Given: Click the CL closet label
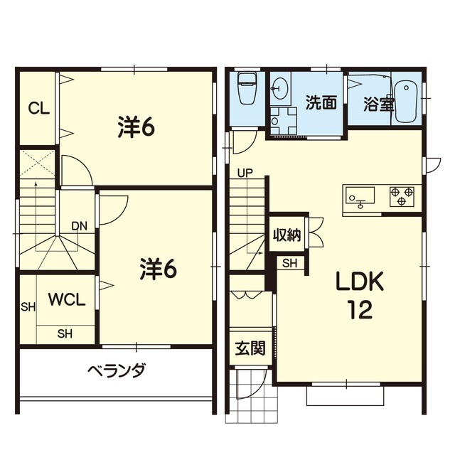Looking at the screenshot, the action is (39, 109).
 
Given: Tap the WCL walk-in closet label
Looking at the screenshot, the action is (67, 299).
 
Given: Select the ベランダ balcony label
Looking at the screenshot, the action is (116, 370).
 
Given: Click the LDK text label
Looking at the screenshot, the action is (360, 282).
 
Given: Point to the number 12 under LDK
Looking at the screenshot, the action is (360, 309).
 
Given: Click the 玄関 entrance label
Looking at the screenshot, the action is (250, 348).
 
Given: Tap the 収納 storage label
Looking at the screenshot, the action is (287, 235).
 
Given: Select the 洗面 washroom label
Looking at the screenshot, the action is (321, 102).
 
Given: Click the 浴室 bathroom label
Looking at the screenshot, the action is (379, 104).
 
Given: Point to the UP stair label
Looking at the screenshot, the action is (245, 173).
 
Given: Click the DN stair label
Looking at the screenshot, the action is (79, 226).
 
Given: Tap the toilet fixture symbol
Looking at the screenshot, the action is (247, 87).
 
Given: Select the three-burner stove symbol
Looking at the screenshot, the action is (402, 196).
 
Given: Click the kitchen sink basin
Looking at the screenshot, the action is (360, 196).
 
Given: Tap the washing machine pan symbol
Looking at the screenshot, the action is (283, 121).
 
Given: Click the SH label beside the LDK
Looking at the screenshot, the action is (290, 263).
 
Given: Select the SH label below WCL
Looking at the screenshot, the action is (65, 333).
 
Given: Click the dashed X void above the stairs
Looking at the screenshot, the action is (37, 164).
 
